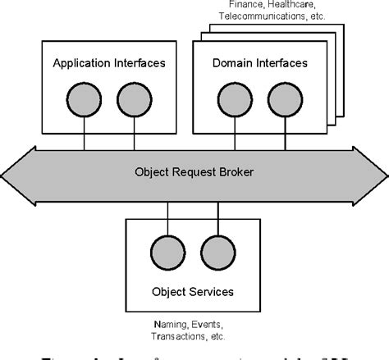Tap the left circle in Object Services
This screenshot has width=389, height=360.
(167, 250)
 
